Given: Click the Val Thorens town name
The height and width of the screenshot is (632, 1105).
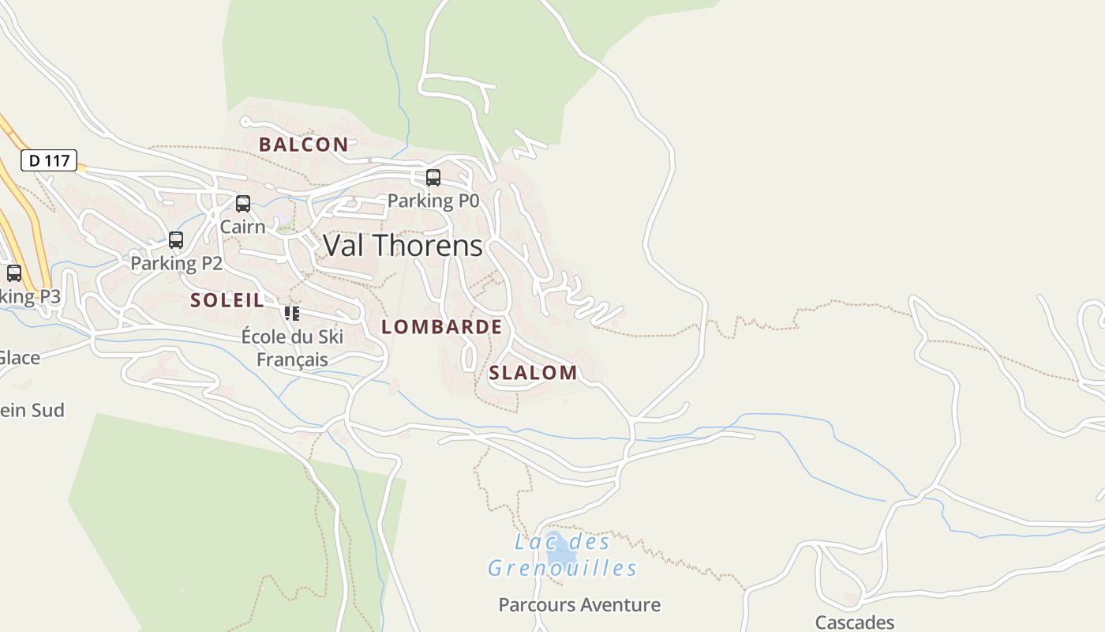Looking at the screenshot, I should tap(403, 246).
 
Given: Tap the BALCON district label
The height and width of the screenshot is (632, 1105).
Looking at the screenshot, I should tap(303, 145).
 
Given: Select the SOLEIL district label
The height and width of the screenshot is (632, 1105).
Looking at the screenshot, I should tap(227, 300).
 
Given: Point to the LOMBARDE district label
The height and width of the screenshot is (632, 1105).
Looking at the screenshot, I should tap(441, 327).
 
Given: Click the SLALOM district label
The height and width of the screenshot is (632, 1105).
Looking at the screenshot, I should tap(533, 373).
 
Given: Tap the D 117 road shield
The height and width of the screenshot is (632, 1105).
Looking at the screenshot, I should tap(49, 161).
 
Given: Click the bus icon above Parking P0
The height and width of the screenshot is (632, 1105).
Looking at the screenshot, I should tap(433, 178).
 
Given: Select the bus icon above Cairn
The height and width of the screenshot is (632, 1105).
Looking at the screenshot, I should tap(243, 204).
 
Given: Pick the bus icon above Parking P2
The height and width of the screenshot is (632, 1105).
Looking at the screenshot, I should tap(176, 240).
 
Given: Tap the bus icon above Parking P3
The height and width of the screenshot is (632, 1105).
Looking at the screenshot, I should tap(14, 273).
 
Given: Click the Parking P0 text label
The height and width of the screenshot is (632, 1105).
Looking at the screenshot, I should tap(433, 201).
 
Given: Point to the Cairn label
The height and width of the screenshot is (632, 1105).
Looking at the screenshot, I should tap(242, 227).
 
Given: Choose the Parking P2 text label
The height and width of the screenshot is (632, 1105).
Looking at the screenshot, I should tap(176, 263).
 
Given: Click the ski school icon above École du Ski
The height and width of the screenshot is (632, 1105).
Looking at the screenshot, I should tap(292, 314).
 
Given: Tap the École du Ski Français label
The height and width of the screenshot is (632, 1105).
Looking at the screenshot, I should tap(292, 348).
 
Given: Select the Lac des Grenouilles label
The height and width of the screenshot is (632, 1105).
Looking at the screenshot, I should tap(562, 555).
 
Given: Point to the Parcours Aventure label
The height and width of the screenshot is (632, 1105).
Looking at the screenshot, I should tap(579, 605).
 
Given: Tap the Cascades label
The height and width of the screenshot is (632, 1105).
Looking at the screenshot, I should tap(855, 623).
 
